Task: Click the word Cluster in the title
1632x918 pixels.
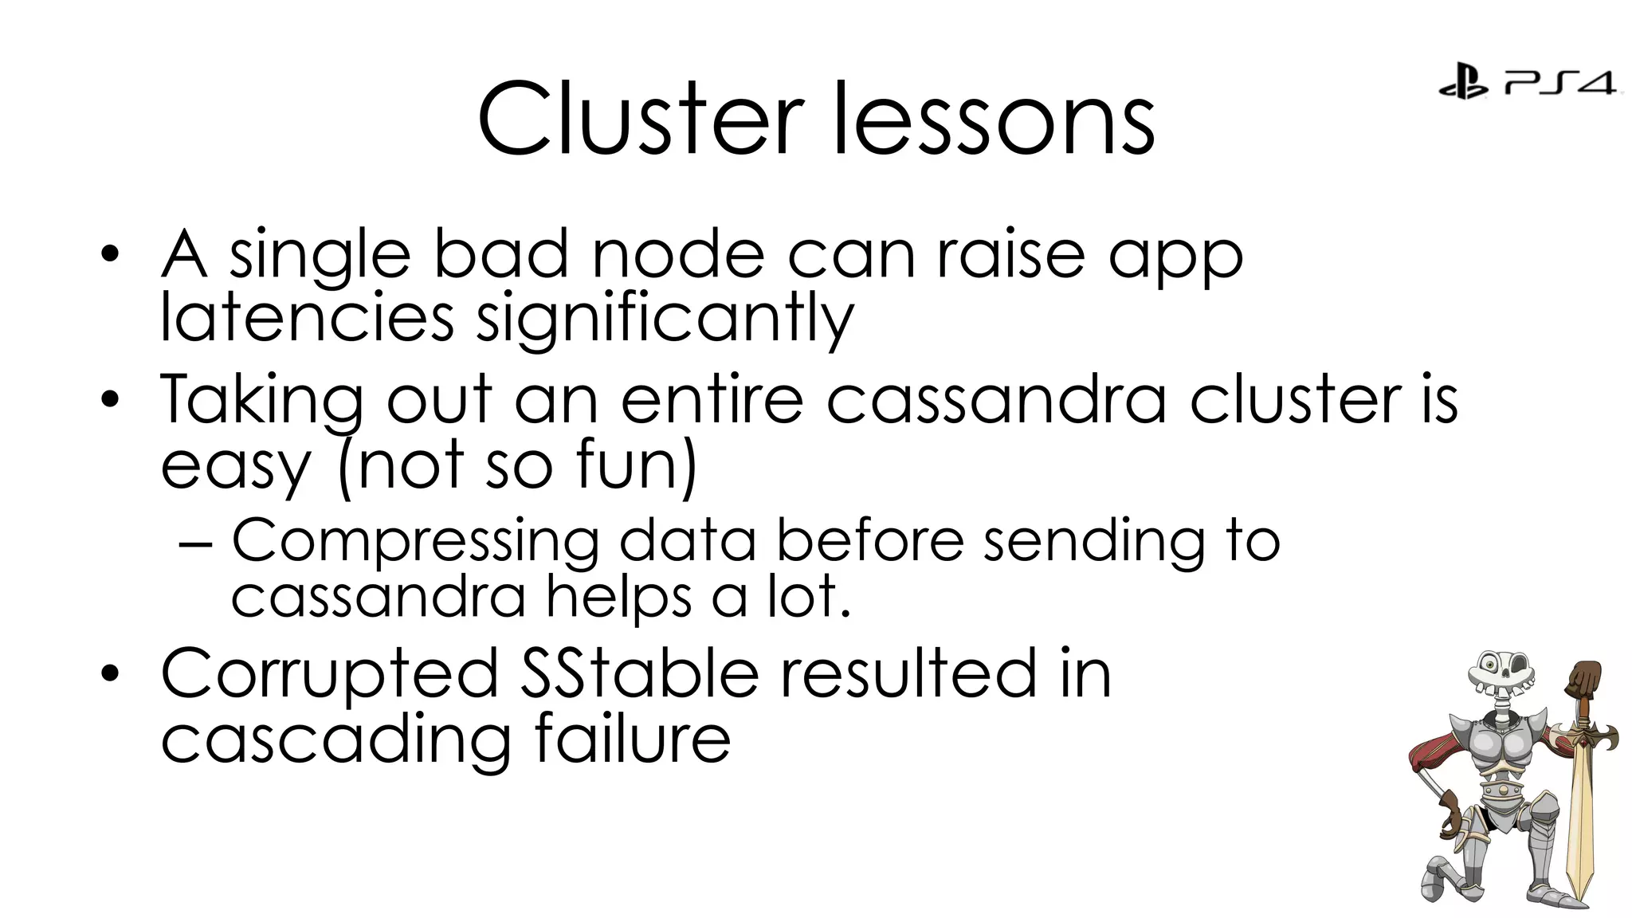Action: [x=640, y=120]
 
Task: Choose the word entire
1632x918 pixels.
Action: [x=712, y=398]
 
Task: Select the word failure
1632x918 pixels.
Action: [x=631, y=738]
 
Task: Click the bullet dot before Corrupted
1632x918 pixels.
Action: [x=110, y=674]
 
